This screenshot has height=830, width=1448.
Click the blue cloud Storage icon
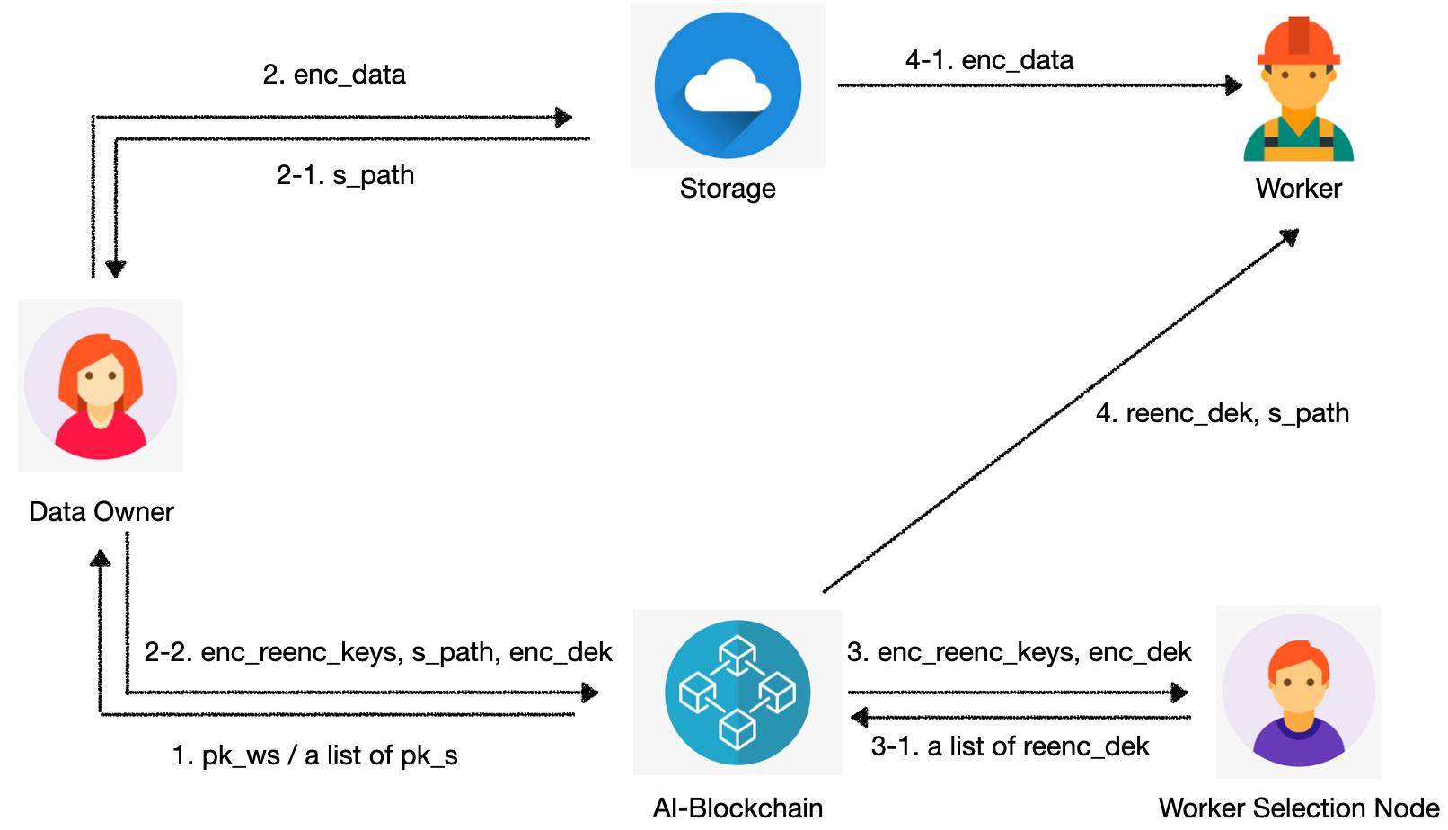point(728,85)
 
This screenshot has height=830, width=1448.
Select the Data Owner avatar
point(101,384)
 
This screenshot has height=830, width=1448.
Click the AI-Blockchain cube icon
point(737,693)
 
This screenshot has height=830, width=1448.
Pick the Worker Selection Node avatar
point(1298,691)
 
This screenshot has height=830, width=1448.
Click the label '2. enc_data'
point(334,75)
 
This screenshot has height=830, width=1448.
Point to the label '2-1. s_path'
point(345,175)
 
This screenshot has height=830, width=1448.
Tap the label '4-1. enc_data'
point(989,60)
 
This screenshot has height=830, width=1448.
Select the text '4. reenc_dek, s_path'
point(1222,413)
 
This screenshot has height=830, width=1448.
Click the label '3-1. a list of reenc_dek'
point(1010,746)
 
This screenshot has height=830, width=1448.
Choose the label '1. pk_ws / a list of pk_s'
point(314,755)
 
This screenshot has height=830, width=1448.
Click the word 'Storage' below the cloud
point(728,189)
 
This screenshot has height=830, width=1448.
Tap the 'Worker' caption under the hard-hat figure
point(1298,189)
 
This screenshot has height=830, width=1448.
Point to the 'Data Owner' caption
point(102,512)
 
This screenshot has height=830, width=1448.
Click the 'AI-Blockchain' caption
point(737,808)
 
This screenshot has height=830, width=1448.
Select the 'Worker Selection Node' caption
point(1298,808)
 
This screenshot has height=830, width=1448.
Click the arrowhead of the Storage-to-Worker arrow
point(1235,85)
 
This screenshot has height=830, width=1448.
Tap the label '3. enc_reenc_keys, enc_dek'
point(1019,652)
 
